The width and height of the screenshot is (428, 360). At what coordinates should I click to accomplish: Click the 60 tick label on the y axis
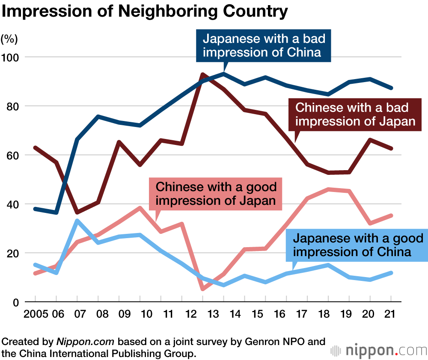[x=12, y=155]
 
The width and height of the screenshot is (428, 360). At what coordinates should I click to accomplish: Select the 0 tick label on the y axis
[x=16, y=302]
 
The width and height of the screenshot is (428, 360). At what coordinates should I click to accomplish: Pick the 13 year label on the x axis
[x=213, y=314]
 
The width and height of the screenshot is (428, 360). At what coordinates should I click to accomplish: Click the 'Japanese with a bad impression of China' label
[x=264, y=46]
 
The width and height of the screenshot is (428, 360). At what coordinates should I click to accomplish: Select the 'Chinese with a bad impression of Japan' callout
[x=356, y=114]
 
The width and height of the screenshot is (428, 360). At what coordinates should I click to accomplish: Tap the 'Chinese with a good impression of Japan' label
[x=216, y=193]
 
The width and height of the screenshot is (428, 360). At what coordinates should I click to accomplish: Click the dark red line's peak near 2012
[x=202, y=74]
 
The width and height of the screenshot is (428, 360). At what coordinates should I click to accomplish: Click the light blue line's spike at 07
[x=77, y=221]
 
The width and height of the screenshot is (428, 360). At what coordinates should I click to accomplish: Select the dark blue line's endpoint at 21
[x=391, y=88]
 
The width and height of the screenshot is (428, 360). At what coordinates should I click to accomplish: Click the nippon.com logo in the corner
[x=379, y=351]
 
